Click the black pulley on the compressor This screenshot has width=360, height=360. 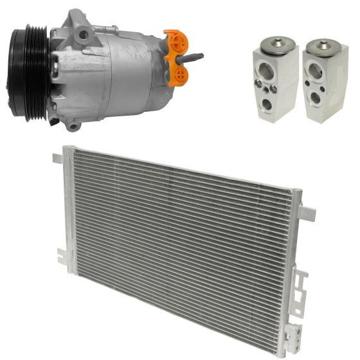pos(26,72)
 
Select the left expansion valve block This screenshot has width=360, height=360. pos(276,80)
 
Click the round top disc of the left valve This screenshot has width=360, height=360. pos(278,43)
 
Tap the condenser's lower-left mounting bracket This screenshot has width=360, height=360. pos(61,254)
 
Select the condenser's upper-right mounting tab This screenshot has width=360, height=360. pos(307,213)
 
